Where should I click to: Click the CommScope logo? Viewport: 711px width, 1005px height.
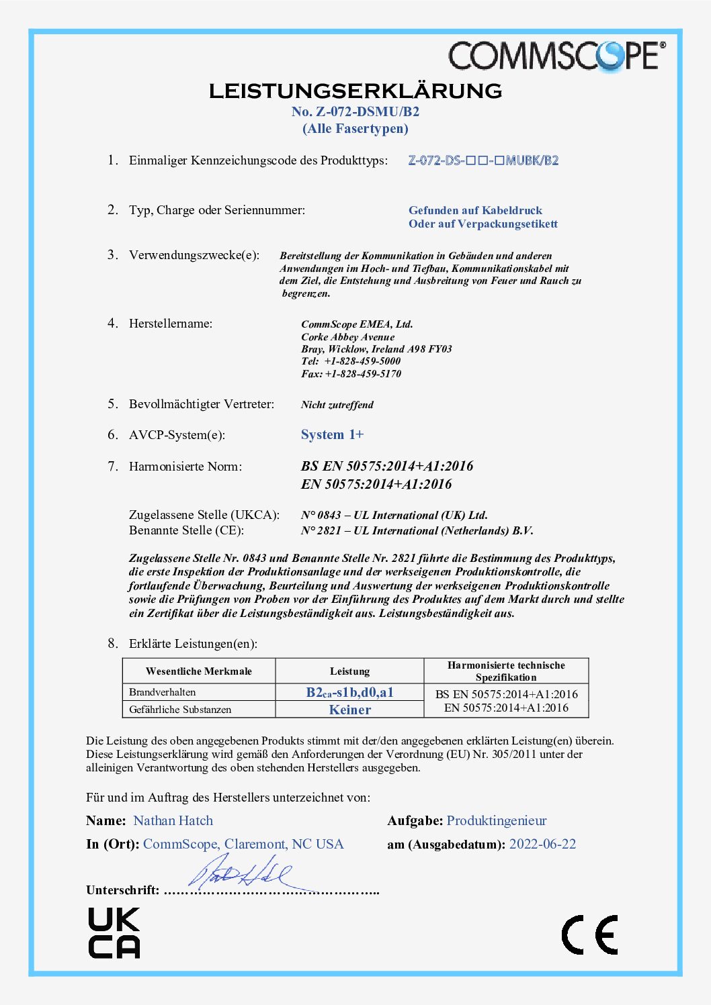tap(557, 56)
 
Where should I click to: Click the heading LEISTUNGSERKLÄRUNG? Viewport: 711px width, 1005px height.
tap(355, 91)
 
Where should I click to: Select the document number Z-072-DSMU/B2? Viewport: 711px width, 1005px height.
tap(355, 112)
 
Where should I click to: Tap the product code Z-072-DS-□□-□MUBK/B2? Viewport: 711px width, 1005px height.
tap(483, 160)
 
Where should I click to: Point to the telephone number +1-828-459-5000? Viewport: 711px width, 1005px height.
tap(362, 361)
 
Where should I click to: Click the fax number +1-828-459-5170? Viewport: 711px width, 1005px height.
tap(363, 374)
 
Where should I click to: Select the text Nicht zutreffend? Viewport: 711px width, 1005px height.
tap(337, 405)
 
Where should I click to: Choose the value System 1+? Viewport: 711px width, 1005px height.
tap(332, 435)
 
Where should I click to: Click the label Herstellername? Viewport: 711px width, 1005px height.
tap(171, 324)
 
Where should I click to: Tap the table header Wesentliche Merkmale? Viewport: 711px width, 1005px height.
tap(199, 671)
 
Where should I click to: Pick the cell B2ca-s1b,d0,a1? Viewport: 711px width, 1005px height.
tap(349, 692)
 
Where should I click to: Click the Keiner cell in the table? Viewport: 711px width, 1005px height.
tap(349, 710)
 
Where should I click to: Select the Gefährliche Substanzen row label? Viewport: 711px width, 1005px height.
tap(180, 710)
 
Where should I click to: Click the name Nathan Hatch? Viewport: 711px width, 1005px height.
tap(173, 821)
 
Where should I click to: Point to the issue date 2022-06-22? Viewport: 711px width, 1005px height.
tap(542, 845)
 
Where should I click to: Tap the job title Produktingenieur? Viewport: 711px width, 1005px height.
tap(497, 821)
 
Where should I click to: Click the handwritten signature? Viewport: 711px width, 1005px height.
tap(241, 873)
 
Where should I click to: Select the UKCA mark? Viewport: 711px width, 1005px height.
tap(114, 932)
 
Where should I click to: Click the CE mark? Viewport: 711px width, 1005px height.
tap(589, 935)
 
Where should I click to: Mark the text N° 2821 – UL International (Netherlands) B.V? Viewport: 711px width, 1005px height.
tap(417, 531)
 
